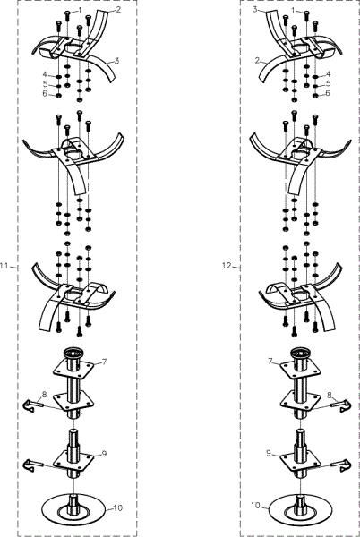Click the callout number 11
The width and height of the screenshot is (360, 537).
[4, 266]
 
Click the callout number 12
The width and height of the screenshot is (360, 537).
[227, 266]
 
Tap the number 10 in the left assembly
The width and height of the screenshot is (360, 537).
[117, 507]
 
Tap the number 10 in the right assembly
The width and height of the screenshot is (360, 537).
[256, 505]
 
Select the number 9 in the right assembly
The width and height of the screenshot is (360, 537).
[268, 453]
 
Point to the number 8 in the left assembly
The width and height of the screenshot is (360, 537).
[44, 395]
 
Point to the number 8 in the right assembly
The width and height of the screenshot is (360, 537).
[330, 395]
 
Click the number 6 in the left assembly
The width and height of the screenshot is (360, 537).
[44, 93]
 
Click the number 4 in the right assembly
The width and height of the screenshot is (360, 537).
[328, 73]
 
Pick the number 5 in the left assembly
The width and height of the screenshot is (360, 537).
[44, 83]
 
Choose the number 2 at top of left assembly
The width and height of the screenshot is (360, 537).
[118, 10]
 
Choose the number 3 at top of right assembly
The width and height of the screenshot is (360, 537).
[255, 10]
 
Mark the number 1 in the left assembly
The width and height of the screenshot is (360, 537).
[81, 10]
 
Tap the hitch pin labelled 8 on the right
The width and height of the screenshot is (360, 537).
[340, 405]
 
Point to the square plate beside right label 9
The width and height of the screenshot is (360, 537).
[300, 460]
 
